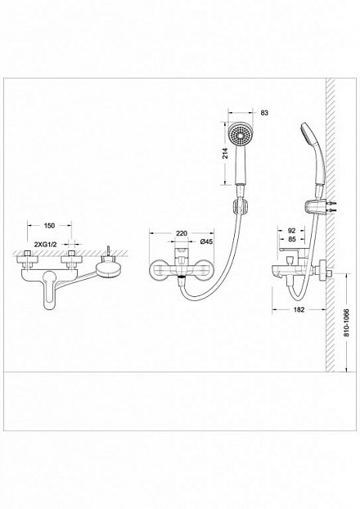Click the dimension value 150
(x=49, y=225)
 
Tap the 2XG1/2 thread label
(x=46, y=244)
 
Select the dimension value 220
(x=182, y=233)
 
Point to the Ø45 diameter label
(x=206, y=241)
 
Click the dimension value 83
(x=264, y=113)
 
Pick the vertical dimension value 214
(x=226, y=153)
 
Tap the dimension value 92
(x=292, y=231)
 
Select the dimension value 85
(x=292, y=240)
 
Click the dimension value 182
(x=299, y=309)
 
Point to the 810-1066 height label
(x=346, y=322)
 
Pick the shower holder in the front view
(x=241, y=206)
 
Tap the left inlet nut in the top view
(x=27, y=259)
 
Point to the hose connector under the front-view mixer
(x=182, y=280)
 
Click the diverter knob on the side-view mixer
(x=290, y=260)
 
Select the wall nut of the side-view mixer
(x=324, y=271)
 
